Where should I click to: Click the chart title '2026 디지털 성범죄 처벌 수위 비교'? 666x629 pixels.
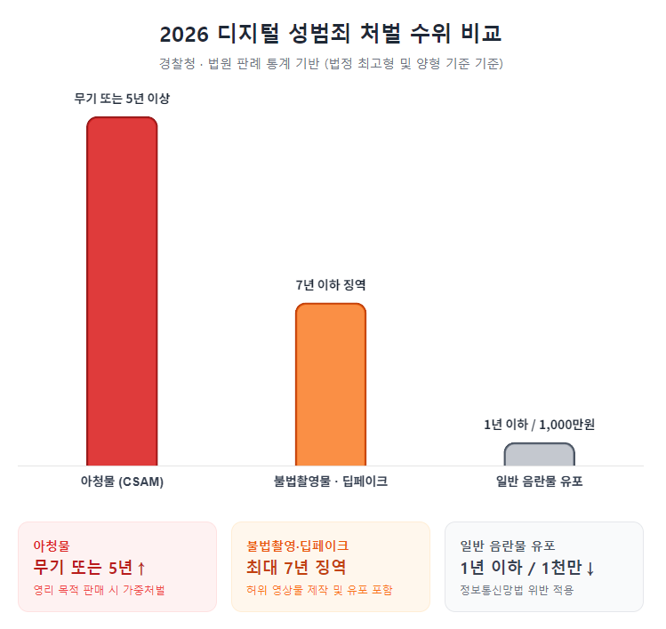[331, 35]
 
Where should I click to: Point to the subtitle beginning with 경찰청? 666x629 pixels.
[331, 64]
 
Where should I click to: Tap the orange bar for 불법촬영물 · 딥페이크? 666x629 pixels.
[330, 384]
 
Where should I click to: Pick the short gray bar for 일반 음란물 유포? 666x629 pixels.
[539, 454]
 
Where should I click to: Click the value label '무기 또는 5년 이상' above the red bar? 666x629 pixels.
[122, 99]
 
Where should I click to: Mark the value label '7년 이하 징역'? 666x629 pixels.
[330, 285]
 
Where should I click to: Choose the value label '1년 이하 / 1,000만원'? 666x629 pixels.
[539, 425]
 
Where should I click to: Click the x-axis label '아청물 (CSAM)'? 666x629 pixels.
[122, 482]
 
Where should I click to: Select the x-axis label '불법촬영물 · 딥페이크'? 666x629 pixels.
[330, 482]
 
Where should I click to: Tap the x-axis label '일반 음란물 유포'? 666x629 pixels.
[539, 482]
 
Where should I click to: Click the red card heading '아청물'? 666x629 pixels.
[52, 545]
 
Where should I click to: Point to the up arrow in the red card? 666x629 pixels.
[141, 569]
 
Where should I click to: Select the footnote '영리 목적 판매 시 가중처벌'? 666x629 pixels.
[99, 590]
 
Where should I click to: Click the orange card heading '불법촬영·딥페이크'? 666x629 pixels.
[297, 545]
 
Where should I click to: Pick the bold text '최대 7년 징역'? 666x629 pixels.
[295, 568]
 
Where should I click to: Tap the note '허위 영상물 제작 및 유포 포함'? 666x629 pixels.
[319, 590]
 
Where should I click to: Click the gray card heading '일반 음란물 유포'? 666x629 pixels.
[508, 545]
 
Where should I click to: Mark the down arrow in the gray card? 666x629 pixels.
[590, 569]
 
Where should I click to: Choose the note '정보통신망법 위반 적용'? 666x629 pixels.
[517, 590]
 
